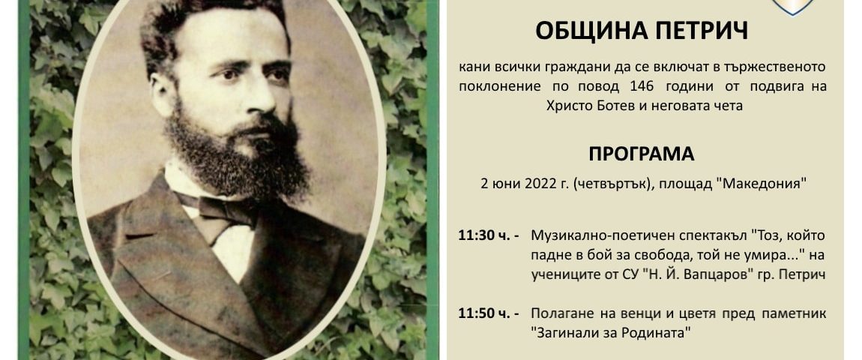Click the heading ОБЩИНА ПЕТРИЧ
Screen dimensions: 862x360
(642, 31)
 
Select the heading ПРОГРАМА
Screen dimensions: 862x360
(642, 154)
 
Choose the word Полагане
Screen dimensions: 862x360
(556, 314)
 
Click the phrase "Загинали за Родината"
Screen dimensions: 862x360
(611, 332)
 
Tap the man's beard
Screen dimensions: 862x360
(236, 151)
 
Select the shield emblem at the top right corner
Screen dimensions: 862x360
(792, 7)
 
